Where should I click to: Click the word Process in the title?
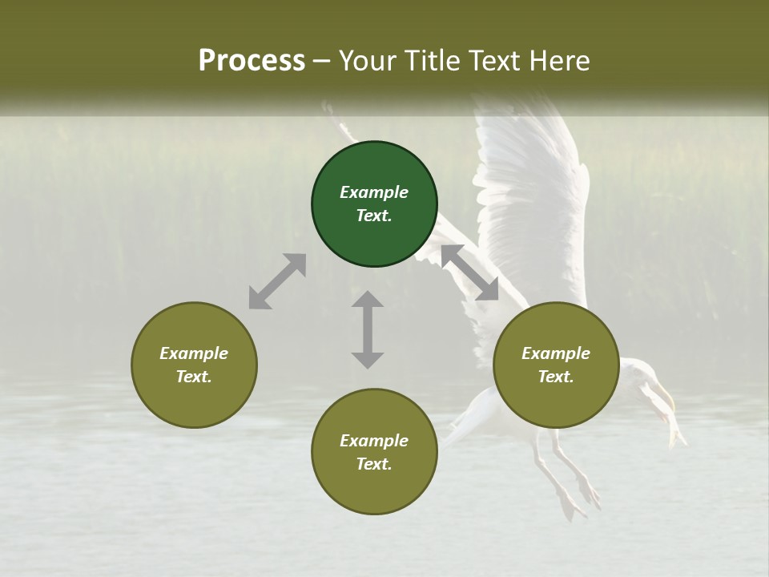click(x=252, y=61)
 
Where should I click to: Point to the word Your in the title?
click(x=367, y=61)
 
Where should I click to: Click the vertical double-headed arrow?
click(x=368, y=329)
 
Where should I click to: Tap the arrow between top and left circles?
click(x=277, y=281)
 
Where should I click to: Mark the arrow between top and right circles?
click(x=469, y=272)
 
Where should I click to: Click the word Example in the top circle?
click(x=374, y=192)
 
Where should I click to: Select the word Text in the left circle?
click(x=194, y=377)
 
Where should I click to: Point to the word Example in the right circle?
click(x=556, y=353)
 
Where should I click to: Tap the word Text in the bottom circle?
click(x=374, y=464)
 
